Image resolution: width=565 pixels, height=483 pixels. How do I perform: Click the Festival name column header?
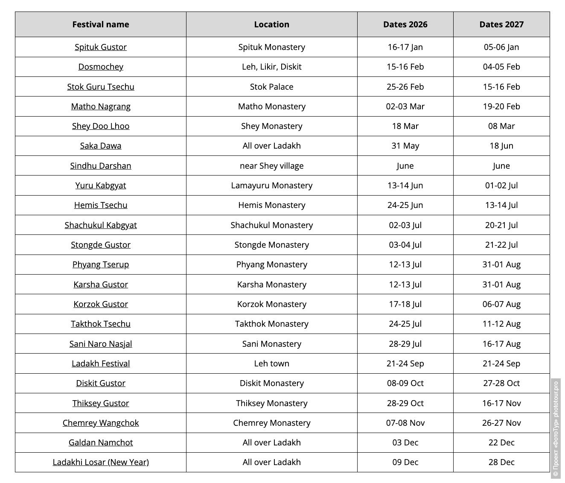pyautogui.click(x=100, y=24)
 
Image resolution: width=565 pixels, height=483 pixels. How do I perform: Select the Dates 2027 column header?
pyautogui.click(x=501, y=24)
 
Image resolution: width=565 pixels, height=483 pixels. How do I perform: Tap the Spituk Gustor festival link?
pyautogui.click(x=100, y=47)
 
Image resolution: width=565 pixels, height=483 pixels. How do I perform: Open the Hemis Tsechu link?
pyautogui.click(x=100, y=205)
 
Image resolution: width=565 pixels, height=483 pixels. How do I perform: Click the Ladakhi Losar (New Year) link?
pyautogui.click(x=100, y=462)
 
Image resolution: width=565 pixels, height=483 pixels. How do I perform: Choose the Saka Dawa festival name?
pyautogui.click(x=100, y=146)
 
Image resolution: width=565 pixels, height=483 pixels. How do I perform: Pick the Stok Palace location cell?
pyautogui.click(x=271, y=87)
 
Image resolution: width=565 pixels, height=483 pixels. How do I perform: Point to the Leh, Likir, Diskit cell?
pyautogui.click(x=271, y=67)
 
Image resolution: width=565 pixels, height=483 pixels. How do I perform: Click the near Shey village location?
pyautogui.click(x=271, y=166)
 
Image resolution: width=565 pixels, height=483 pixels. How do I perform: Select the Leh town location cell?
pyautogui.click(x=271, y=363)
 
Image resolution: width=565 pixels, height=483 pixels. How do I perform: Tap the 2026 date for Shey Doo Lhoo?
pyautogui.click(x=405, y=126)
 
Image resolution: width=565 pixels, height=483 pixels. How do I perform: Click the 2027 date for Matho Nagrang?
pyautogui.click(x=501, y=106)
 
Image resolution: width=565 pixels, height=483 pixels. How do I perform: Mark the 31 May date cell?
pyautogui.click(x=405, y=146)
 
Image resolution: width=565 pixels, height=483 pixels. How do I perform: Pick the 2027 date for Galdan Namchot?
pyautogui.click(x=501, y=442)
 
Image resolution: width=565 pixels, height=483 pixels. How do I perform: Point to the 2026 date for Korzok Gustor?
pyautogui.click(x=405, y=304)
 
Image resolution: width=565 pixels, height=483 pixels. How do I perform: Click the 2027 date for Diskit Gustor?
pyautogui.click(x=501, y=383)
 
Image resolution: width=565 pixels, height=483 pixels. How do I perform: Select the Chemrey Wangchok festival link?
pyautogui.click(x=100, y=423)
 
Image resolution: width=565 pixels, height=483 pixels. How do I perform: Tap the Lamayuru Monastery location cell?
pyautogui.click(x=271, y=185)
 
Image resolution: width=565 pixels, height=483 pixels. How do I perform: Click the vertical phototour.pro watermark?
pyautogui.click(x=555, y=427)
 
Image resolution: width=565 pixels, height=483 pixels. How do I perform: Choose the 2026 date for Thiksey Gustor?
pyautogui.click(x=405, y=403)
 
